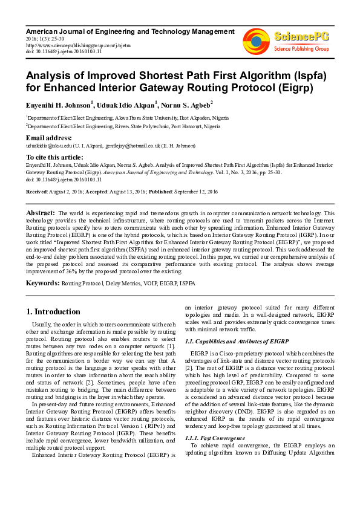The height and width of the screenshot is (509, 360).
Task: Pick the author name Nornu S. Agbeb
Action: [x=189, y=104]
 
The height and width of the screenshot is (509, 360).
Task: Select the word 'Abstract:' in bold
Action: [x=41, y=213]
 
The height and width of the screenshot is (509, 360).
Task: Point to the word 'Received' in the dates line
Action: [x=37, y=192]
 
